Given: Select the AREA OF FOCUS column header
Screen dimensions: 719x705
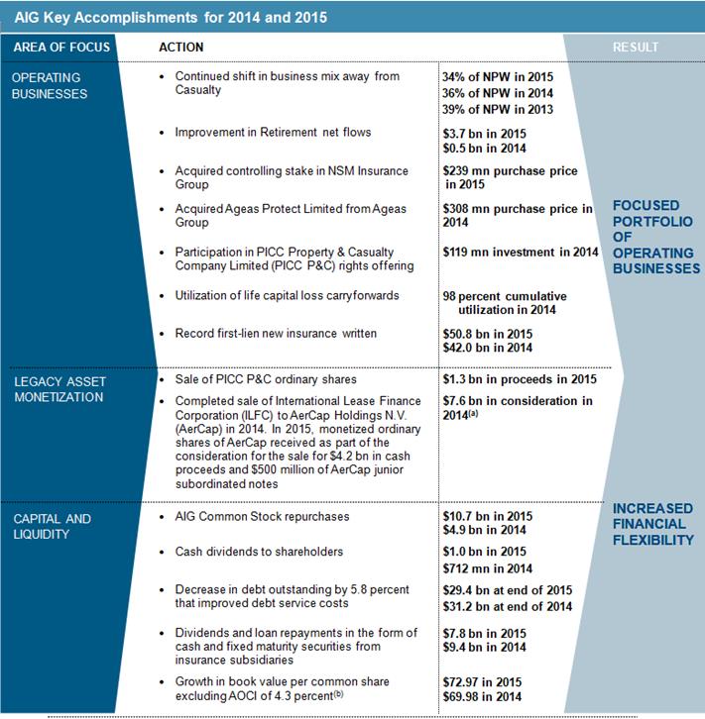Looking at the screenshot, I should click(61, 48).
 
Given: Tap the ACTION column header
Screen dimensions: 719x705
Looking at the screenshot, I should click(181, 48).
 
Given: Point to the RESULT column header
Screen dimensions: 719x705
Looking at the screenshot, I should click(636, 48).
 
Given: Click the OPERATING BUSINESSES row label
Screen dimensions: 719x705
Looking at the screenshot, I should click(50, 85).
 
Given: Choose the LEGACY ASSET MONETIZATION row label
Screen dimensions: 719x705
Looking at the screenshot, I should click(59, 389).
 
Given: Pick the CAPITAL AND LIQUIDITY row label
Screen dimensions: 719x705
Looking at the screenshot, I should click(52, 526).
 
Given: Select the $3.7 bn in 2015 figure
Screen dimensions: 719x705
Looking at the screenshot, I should click(485, 134).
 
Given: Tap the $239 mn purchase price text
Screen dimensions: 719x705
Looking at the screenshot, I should click(510, 171).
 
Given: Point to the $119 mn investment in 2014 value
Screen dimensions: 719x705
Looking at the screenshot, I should click(521, 253).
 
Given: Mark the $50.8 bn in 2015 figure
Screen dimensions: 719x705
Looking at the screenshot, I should click(488, 334).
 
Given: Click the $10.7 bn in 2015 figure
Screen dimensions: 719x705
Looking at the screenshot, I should click(488, 517).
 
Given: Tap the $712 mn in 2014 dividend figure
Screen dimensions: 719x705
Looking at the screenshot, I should click(488, 567).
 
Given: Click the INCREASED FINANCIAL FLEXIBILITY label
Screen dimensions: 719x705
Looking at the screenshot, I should click(652, 524).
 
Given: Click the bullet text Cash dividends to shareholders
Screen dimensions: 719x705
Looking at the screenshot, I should click(259, 552).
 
